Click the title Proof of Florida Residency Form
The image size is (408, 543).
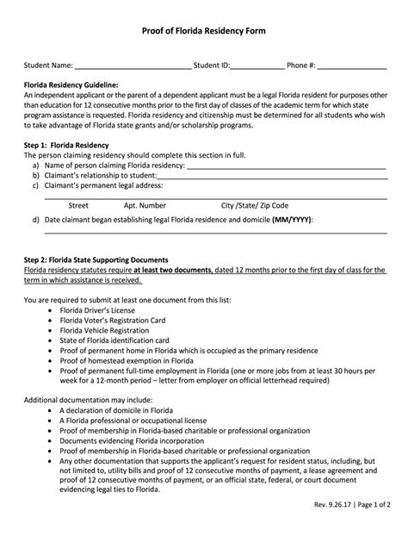[203, 30]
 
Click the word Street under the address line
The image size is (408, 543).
[78, 206]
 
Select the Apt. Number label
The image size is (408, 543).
[145, 206]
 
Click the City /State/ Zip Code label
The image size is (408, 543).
[255, 206]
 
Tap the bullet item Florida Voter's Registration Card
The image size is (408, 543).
[112, 320]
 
